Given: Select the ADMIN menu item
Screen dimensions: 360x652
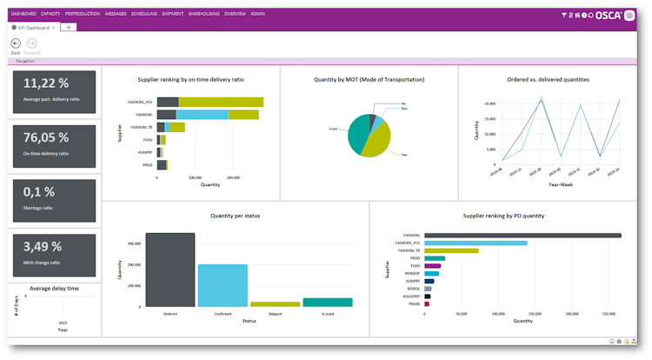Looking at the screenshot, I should click(x=258, y=15).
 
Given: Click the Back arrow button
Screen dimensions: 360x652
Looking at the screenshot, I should click(x=16, y=43).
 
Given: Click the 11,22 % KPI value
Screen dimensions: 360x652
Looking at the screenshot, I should click(x=46, y=83).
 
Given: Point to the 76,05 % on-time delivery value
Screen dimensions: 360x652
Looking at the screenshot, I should click(x=46, y=137).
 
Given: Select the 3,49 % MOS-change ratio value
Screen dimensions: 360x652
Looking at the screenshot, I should click(x=43, y=246).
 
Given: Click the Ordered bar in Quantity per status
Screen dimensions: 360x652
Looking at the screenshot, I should click(x=170, y=270).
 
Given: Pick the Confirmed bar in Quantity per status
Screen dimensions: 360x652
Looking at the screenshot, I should click(x=223, y=285).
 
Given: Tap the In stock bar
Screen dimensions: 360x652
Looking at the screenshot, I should click(x=328, y=303).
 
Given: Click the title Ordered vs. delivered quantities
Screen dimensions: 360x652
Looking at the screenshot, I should click(x=548, y=79).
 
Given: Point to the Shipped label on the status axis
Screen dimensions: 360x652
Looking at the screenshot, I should click(x=275, y=313).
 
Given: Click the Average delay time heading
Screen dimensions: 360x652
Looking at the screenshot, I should click(x=55, y=288).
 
